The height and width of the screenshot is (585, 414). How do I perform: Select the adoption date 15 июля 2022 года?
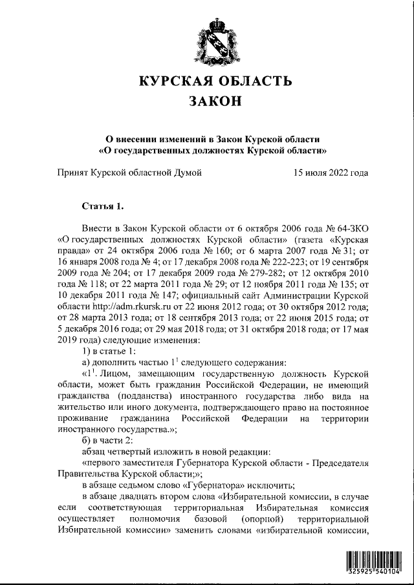click(x=331, y=173)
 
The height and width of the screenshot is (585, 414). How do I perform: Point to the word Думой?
click(x=185, y=173)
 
